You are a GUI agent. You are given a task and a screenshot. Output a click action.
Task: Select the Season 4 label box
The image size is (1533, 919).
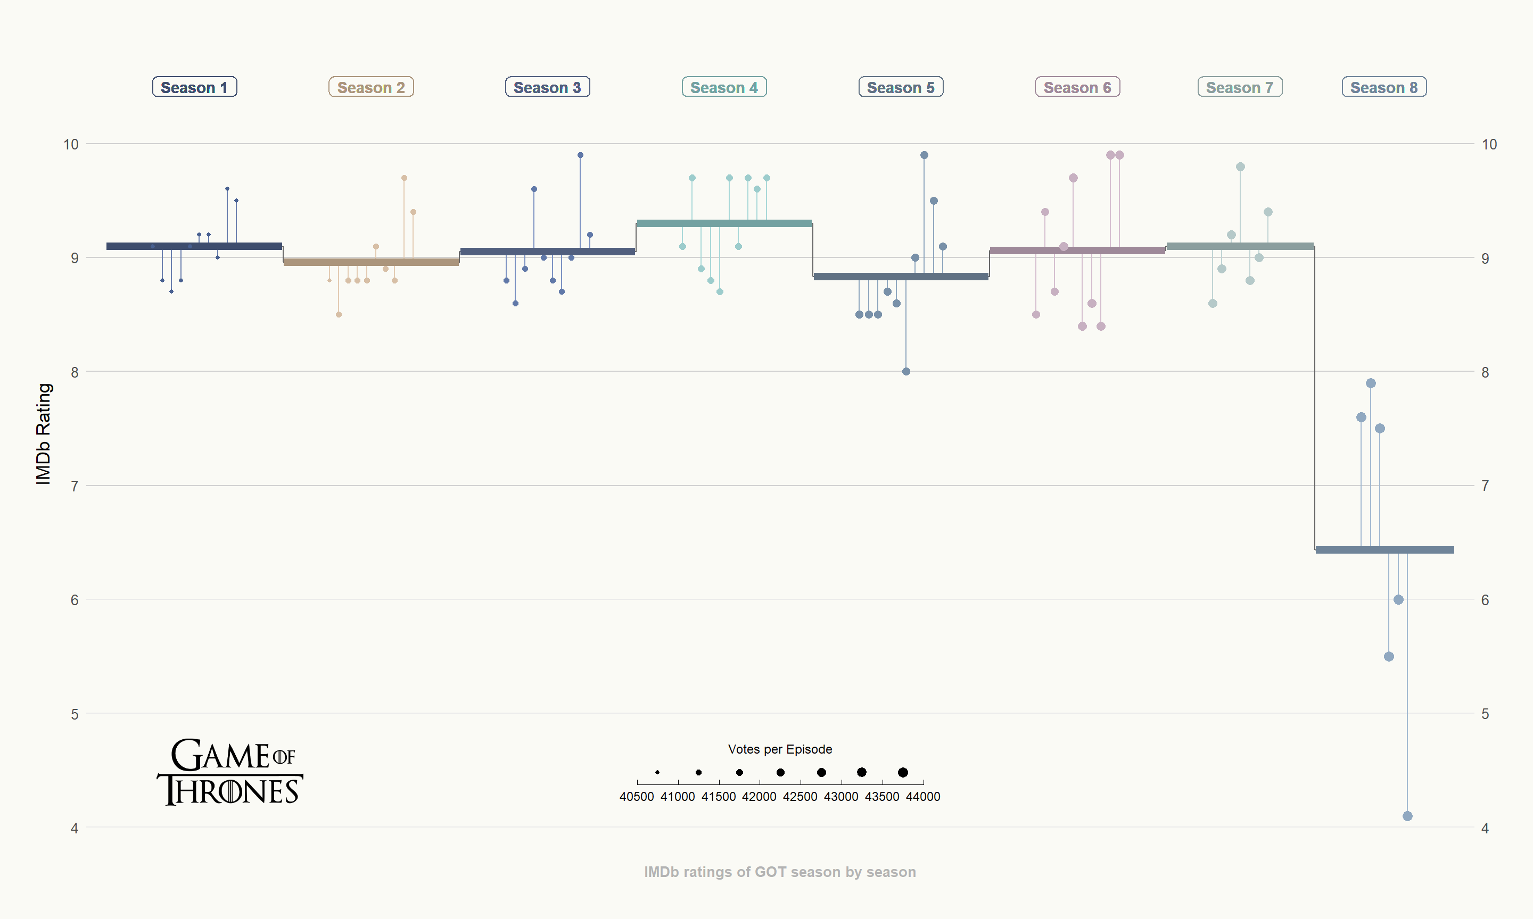coord(724,87)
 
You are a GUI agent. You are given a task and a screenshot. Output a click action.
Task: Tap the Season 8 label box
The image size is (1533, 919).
coord(1383,87)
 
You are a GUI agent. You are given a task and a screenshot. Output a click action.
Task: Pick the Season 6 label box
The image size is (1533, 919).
coord(1077,87)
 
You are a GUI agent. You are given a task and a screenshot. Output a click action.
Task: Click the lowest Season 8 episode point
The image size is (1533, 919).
coord(1407,816)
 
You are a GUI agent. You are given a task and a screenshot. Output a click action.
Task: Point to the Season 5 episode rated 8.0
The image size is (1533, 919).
coord(906,372)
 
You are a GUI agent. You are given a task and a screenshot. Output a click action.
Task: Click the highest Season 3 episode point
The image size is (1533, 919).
coord(580,155)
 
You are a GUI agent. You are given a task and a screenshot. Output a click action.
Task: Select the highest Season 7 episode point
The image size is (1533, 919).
coord(1240,167)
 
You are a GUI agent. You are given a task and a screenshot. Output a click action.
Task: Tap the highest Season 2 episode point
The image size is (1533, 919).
coord(404,178)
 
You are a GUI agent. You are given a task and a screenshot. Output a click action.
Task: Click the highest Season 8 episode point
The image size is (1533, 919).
coord(1371,383)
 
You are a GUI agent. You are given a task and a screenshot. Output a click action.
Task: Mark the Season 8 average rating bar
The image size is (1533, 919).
coord(1384,550)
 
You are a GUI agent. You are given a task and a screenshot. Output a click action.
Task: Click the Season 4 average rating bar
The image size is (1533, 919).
coord(724,223)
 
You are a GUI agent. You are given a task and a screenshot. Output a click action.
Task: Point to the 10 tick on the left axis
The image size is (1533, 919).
coord(71,144)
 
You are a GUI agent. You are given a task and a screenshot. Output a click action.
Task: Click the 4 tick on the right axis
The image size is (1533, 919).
coord(1485,828)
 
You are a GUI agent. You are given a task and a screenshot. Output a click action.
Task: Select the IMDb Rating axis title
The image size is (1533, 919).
coord(43,433)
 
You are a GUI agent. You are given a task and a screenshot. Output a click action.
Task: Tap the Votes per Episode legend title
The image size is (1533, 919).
coord(779,749)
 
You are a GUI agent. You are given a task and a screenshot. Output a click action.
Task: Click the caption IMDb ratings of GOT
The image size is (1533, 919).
coord(779,872)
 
